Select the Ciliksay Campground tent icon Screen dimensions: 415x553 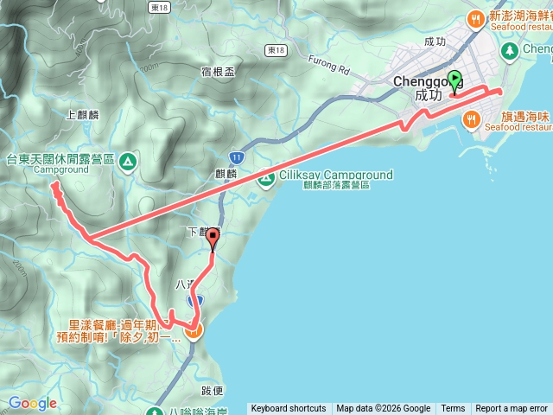(x=267, y=180)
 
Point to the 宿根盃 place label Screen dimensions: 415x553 (x=217, y=72)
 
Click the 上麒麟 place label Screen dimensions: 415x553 (x=82, y=113)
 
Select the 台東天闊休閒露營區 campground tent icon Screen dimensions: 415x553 (x=128, y=160)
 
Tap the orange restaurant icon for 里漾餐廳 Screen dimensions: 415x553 (x=194, y=329)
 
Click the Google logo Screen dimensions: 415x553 (x=33, y=403)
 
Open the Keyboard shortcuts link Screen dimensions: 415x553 (x=289, y=409)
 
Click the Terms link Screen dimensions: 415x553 (x=453, y=409)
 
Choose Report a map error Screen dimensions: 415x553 (x=512, y=409)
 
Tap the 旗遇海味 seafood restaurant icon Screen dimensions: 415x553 (x=472, y=119)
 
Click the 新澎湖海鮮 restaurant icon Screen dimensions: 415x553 (x=474, y=18)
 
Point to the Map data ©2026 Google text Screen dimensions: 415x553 (x=383, y=409)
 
